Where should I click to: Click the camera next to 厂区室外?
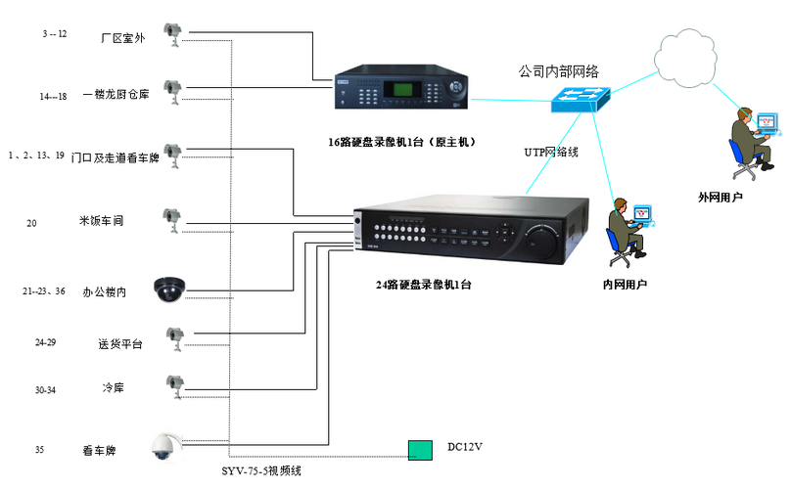[x=172, y=34]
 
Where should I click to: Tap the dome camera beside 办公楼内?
[x=169, y=289]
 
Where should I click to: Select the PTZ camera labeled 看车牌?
[x=166, y=447]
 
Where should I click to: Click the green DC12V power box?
[x=420, y=450]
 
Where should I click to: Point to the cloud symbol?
[x=685, y=58]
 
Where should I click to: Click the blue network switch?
[x=581, y=100]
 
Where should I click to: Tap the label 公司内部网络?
[x=558, y=71]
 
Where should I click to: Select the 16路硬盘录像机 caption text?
[x=401, y=142]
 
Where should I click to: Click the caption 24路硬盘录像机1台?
[x=423, y=285]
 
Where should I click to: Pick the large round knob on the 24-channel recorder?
[x=542, y=243]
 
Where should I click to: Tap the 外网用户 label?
[x=720, y=198]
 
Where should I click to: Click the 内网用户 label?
[x=625, y=285]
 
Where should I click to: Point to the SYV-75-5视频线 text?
[x=261, y=470]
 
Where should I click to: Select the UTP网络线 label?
[x=551, y=152]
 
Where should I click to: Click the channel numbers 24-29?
[x=45, y=342]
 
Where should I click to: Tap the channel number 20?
[x=31, y=223]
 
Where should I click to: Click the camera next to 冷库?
[x=175, y=386]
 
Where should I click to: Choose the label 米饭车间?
[x=101, y=221]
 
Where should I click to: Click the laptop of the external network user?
[x=768, y=124]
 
